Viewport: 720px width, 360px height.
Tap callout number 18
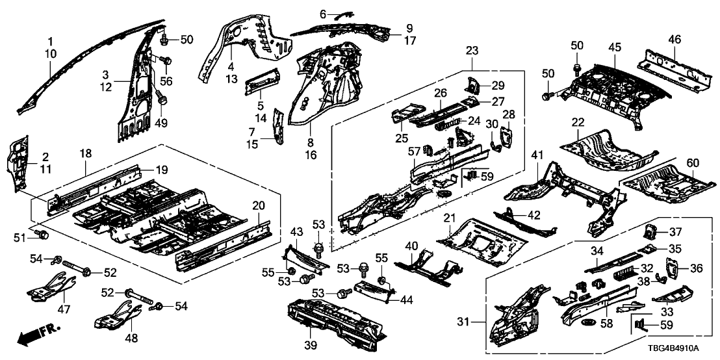pos(85,153)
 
